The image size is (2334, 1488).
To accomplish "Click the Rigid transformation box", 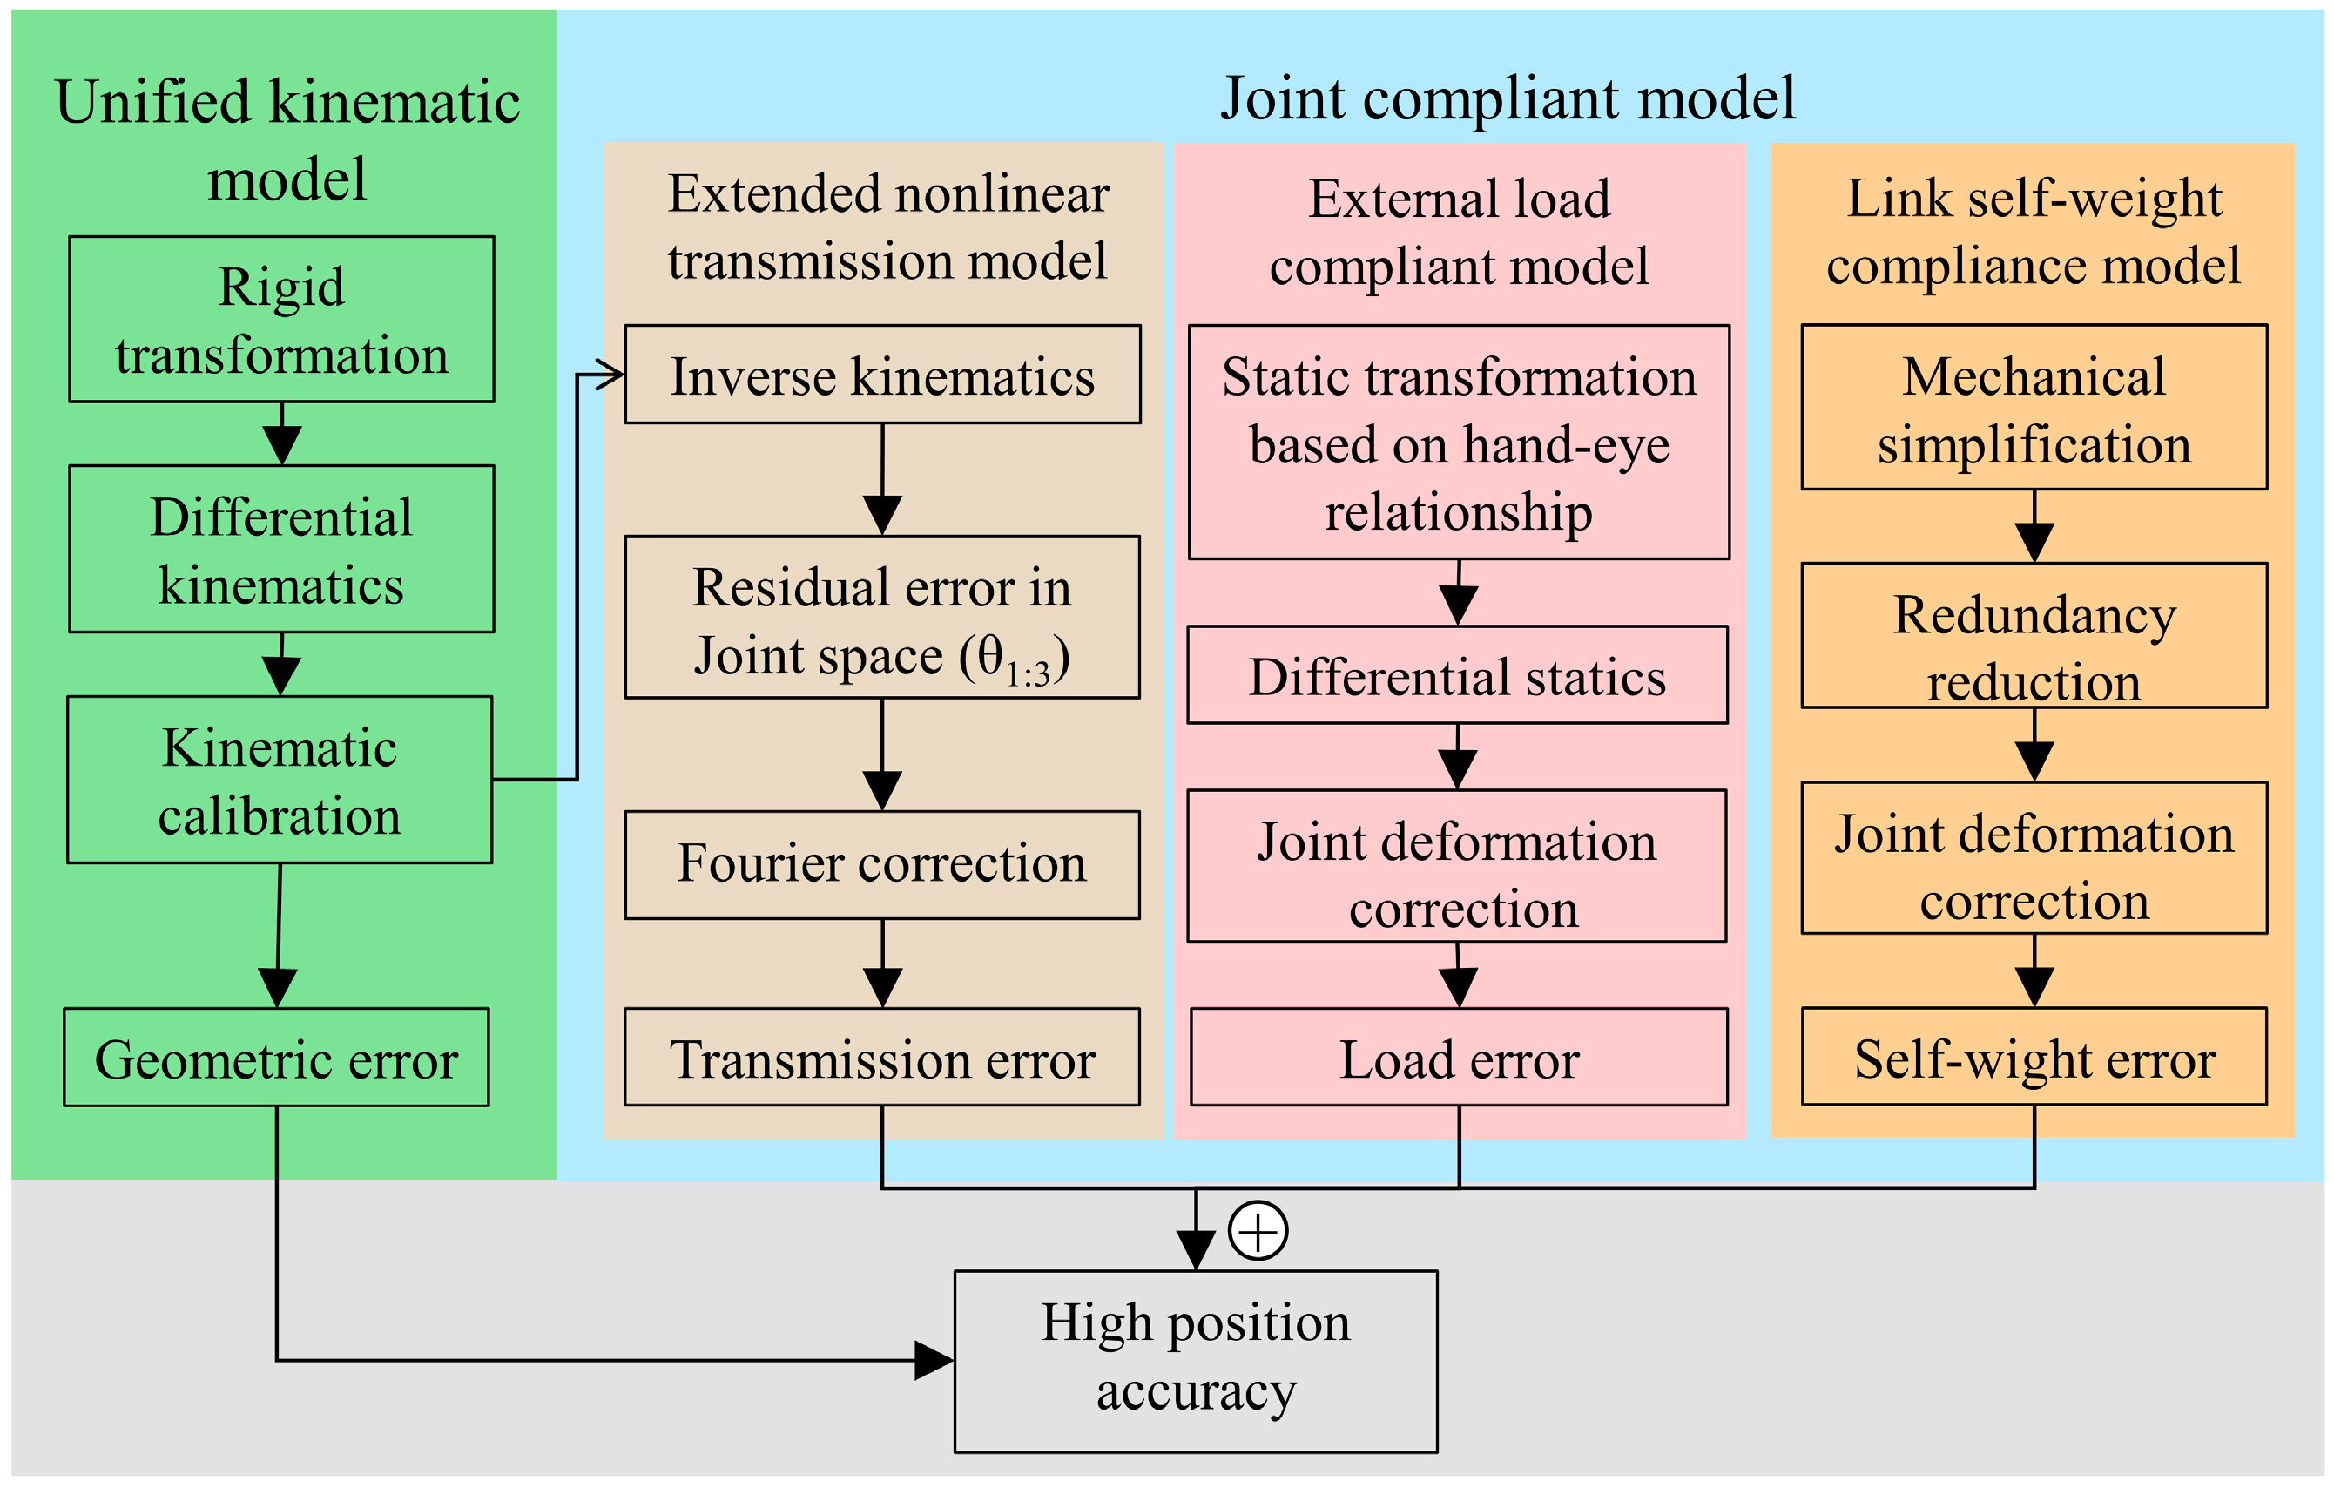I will pyautogui.click(x=281, y=319).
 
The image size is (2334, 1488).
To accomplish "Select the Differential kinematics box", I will pyautogui.click(x=281, y=550).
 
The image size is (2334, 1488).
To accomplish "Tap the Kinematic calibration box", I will pyautogui.click(x=280, y=780).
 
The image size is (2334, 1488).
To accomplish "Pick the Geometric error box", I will pyautogui.click(x=276, y=1058).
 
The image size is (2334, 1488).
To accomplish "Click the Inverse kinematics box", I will pyautogui.click(x=882, y=375).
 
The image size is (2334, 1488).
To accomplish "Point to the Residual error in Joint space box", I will pyautogui.click(x=882, y=618).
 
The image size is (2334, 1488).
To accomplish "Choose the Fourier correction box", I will pyautogui.click(x=882, y=865).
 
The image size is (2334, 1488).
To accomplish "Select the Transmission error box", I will pyautogui.click(x=882, y=1058).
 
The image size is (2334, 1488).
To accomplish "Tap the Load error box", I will pyautogui.click(x=1459, y=1058).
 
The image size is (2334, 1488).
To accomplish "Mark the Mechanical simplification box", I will pyautogui.click(x=2034, y=407).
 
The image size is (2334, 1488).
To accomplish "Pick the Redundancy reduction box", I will pyautogui.click(x=2034, y=636).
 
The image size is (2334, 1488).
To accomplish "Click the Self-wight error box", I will pyautogui.click(x=2034, y=1058).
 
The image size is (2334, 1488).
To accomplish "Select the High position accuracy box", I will pyautogui.click(x=1195, y=1361).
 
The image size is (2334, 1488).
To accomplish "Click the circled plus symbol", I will pyautogui.click(x=1258, y=1231).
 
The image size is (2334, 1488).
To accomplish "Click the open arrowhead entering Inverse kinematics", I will pyautogui.click(x=611, y=375).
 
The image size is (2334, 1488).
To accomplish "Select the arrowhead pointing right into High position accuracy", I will pyautogui.click(x=934, y=1360).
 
